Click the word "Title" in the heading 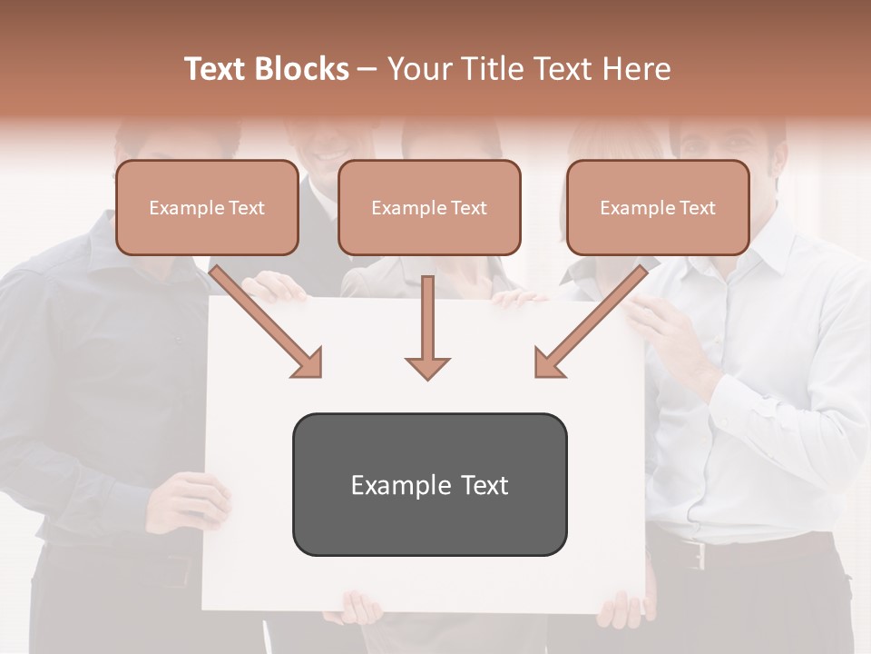pos(488,69)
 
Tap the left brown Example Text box pos(207,207)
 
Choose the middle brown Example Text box pos(429,207)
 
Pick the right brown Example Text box pos(658,207)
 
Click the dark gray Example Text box pos(429,484)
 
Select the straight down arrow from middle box pos(427,327)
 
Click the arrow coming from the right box pos(590,322)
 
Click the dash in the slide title pos(367,69)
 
